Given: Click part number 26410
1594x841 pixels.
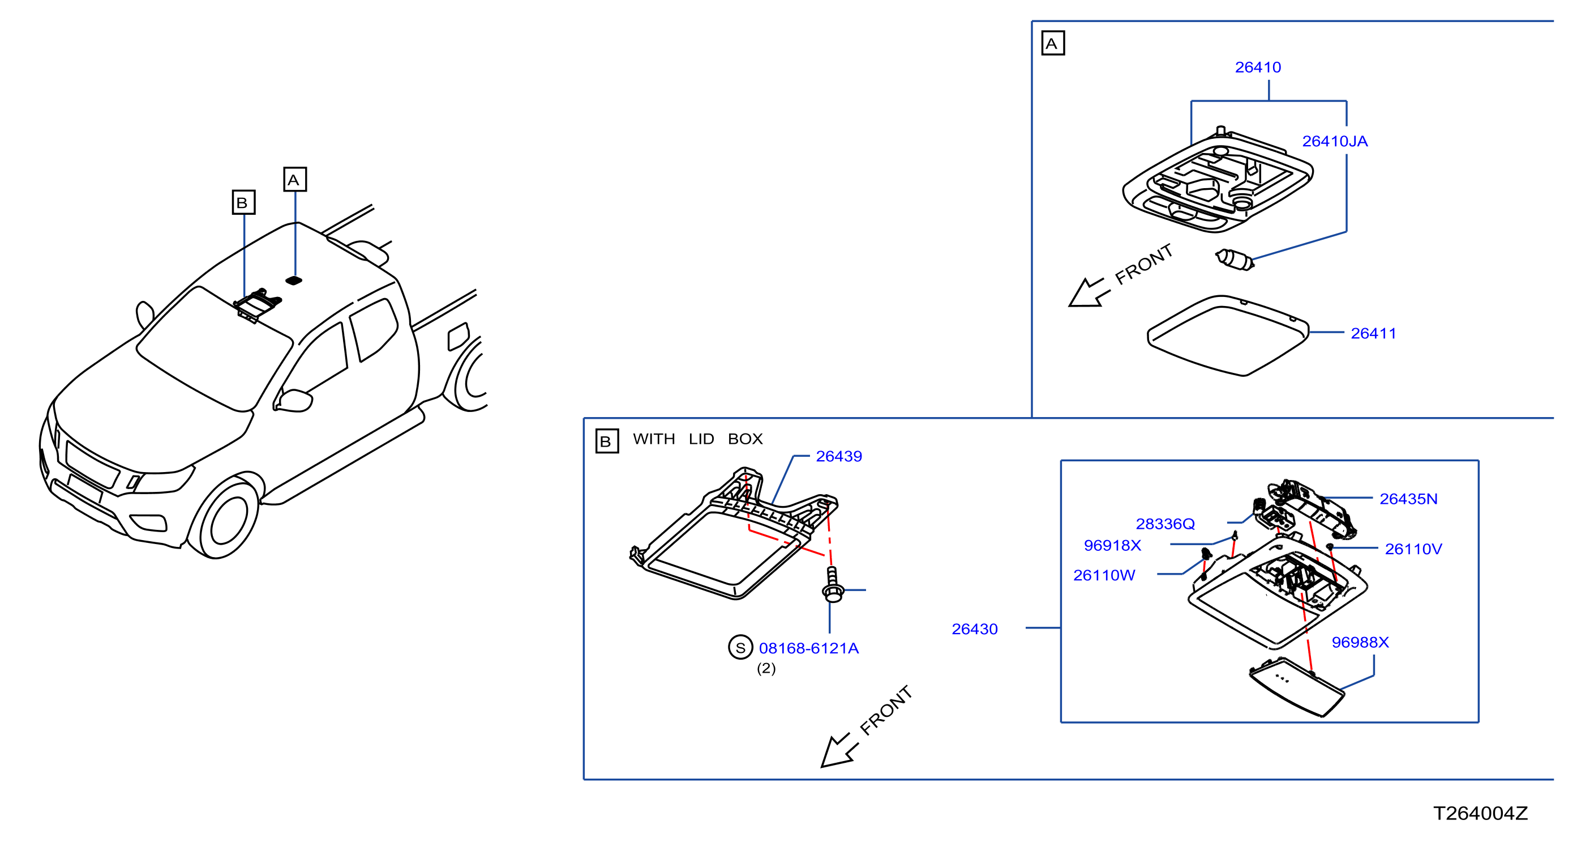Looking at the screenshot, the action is [1258, 67].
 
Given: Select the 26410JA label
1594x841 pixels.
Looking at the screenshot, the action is [1335, 142].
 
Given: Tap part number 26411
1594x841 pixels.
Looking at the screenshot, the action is [1373, 334].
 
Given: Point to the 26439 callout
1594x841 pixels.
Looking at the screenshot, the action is [838, 456].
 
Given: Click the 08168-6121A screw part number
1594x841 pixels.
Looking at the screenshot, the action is [809, 648].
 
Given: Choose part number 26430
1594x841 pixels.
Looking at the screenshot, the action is [975, 629].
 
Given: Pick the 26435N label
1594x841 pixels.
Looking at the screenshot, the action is [1408, 499].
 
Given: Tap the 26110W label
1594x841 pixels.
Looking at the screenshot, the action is [1104, 575].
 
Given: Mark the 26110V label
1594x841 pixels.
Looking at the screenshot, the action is [1413, 549].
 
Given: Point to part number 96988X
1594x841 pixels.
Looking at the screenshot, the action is [1360, 643].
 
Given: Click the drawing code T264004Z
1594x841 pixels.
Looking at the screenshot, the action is [1481, 814].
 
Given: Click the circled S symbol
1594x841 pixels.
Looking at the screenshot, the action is [740, 648].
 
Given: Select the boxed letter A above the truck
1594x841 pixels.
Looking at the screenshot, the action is [295, 180].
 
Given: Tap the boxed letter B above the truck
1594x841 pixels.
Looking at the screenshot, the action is [244, 202].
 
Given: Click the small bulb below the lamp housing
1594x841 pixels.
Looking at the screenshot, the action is [1235, 260].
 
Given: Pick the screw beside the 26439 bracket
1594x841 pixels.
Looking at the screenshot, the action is [832, 585].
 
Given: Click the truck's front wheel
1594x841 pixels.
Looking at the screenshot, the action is [224, 519].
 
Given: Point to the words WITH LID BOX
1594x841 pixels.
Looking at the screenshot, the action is [697, 439].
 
